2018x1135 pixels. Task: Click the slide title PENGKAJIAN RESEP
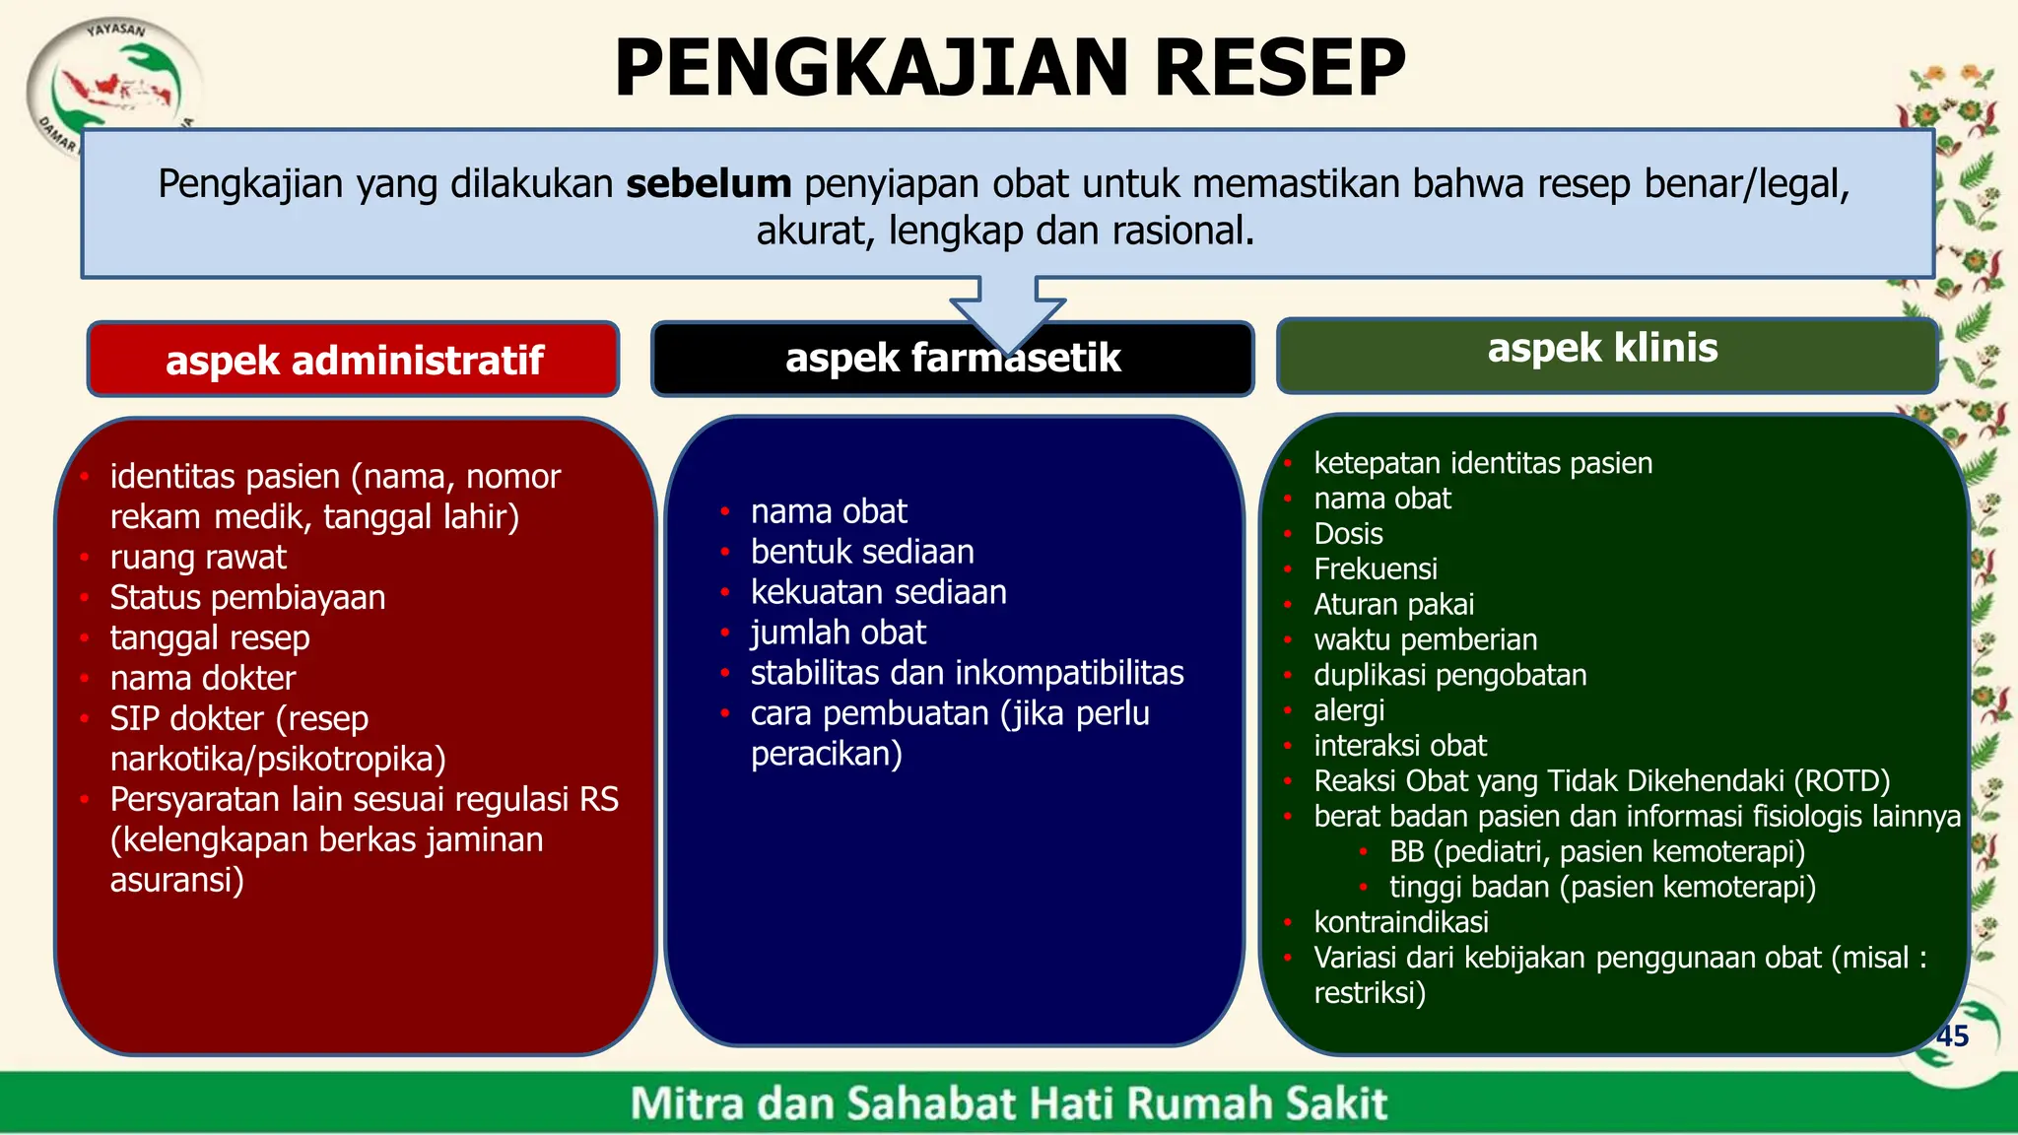point(1010,68)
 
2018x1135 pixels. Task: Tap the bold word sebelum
point(708,184)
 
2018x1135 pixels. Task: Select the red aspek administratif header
point(354,360)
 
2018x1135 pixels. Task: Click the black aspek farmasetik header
point(952,359)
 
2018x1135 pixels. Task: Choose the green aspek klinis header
point(1602,349)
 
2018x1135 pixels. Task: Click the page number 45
point(1951,1035)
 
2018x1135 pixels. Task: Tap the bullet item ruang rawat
point(198,558)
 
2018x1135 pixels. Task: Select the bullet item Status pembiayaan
point(247,598)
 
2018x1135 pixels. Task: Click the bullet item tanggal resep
point(210,638)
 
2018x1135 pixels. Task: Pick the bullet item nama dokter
point(203,679)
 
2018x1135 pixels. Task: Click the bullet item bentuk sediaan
point(862,552)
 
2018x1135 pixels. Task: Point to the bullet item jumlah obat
point(839,633)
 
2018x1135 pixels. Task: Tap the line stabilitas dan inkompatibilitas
point(967,673)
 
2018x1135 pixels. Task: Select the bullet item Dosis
point(1348,534)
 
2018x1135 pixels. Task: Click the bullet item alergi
point(1349,710)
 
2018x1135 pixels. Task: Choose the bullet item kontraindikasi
point(1401,922)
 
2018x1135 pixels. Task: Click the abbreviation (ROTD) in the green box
point(1841,781)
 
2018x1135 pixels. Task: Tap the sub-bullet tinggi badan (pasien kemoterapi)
point(1602,887)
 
